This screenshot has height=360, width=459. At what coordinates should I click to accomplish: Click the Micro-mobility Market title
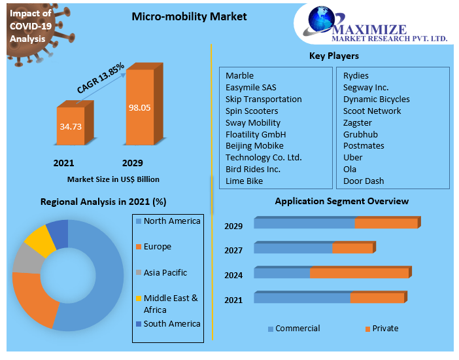189,16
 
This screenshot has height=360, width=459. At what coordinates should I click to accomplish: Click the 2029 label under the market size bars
132,163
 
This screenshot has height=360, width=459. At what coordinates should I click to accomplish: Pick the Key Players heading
333,56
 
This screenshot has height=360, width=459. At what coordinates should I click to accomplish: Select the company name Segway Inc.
365,87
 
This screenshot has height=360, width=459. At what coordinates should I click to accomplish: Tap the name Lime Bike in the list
244,181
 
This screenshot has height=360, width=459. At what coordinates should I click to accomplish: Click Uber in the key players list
352,157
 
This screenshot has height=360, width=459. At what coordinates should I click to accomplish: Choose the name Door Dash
364,181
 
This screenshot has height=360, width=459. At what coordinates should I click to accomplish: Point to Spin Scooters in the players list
252,111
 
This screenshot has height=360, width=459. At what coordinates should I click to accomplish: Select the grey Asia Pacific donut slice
26,258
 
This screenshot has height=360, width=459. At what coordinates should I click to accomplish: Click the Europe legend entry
157,247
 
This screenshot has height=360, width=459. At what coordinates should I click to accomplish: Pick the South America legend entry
171,323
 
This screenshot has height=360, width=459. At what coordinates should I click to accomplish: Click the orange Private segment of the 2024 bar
360,272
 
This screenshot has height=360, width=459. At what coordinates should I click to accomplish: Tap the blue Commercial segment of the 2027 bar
293,248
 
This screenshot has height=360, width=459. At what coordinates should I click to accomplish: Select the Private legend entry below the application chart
385,329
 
